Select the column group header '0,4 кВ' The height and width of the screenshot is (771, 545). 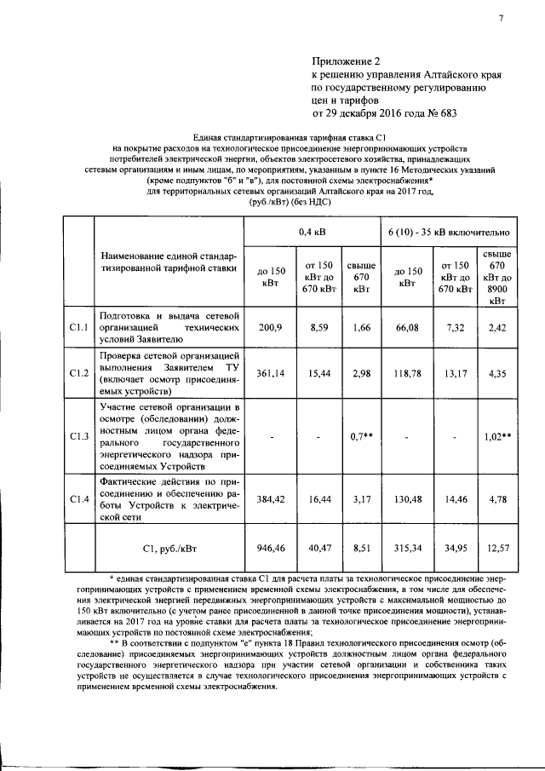click(311, 231)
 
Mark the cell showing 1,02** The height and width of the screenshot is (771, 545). click(496, 437)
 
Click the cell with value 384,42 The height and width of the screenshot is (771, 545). click(270, 498)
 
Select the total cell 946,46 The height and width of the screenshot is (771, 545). click(270, 549)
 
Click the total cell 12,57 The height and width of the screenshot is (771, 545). click(496, 549)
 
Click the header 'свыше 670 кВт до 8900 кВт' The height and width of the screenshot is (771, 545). click(496, 277)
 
